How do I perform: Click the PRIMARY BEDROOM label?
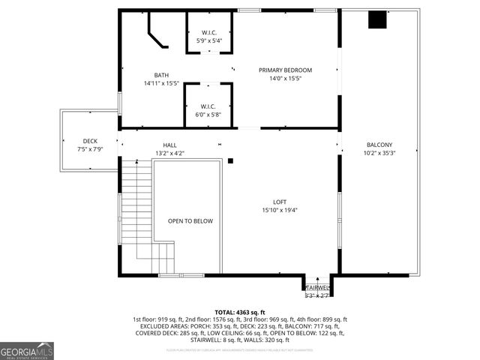pos(285,70)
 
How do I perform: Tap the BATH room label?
pos(161,75)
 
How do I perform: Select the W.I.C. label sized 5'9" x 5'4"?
pos(209,32)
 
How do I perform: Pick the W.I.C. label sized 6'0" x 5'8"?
pos(209,106)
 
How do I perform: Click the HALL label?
pos(169,145)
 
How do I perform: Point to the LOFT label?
pos(280,202)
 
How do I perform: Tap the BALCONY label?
pos(379,145)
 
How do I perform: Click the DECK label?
pos(90,141)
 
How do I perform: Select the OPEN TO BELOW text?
pos(190,221)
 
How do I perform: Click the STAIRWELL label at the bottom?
pos(317,287)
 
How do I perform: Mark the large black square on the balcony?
pos(376,20)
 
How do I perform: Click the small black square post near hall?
pos(231,160)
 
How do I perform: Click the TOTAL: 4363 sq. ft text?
pos(239,312)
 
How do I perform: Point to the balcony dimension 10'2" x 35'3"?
pos(379,153)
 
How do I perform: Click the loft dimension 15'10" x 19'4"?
pos(280,210)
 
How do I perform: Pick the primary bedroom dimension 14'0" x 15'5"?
pos(285,79)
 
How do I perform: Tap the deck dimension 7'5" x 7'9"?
pos(90,149)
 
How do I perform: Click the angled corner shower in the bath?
pos(157,34)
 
